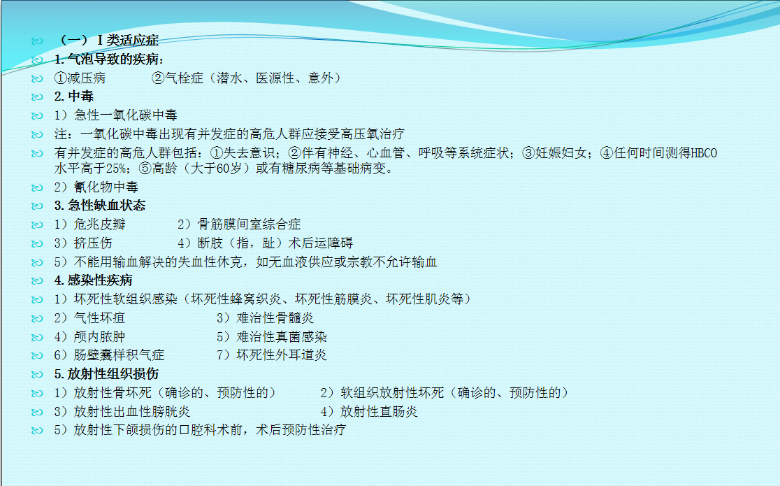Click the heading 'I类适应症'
[x=128, y=41]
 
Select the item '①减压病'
[x=80, y=78]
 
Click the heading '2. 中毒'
[x=74, y=97]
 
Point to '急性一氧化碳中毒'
[x=126, y=115]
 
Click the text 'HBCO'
[x=704, y=153]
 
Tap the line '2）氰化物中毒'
[x=96, y=187]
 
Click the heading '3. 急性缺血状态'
[x=100, y=206]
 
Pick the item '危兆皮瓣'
[x=99, y=224]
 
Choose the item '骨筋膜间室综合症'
[x=250, y=224]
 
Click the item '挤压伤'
[x=93, y=243]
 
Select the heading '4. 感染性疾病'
[x=94, y=281]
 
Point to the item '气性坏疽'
[x=99, y=318]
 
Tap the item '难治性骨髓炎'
[x=275, y=318]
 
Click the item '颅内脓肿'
[x=99, y=337]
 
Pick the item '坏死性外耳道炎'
[x=282, y=355]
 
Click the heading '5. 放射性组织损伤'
[x=106, y=374]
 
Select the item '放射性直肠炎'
[x=379, y=412]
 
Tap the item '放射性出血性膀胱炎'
[x=132, y=412]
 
